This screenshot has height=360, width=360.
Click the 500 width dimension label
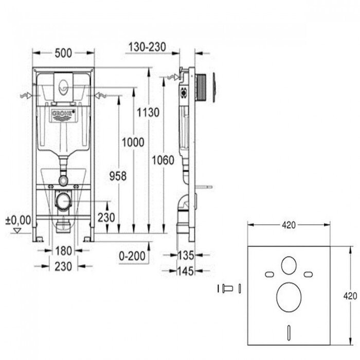[x=63, y=53]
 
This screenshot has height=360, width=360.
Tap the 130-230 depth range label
[x=147, y=47]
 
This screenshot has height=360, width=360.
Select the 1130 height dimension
[x=148, y=113]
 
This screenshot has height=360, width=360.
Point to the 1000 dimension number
[x=133, y=142]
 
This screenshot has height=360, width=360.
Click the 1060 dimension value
[x=163, y=160]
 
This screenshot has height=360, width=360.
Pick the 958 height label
[x=118, y=176]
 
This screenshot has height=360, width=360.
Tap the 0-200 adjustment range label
[x=132, y=256]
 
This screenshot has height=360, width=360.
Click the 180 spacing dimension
[x=64, y=251]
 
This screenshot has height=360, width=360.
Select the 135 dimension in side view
[x=186, y=255]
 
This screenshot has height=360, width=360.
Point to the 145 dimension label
[x=186, y=271]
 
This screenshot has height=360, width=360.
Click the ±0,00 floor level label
[x=18, y=220]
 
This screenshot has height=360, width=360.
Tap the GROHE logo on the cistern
[x=63, y=115]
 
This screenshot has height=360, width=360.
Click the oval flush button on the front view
[x=63, y=87]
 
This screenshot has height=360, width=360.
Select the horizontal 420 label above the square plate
[x=289, y=225]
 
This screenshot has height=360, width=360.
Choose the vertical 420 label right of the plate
[x=350, y=296]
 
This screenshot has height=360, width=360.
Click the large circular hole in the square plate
[x=289, y=297]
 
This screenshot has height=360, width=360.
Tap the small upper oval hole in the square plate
[x=289, y=265]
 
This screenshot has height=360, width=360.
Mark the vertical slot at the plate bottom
[x=289, y=332]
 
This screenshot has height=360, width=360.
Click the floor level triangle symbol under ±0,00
[x=17, y=230]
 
